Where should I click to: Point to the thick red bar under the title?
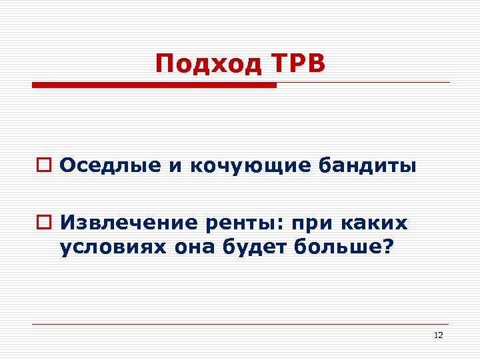point(154,85)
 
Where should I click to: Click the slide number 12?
point(438,335)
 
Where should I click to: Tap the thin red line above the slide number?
point(240,325)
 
